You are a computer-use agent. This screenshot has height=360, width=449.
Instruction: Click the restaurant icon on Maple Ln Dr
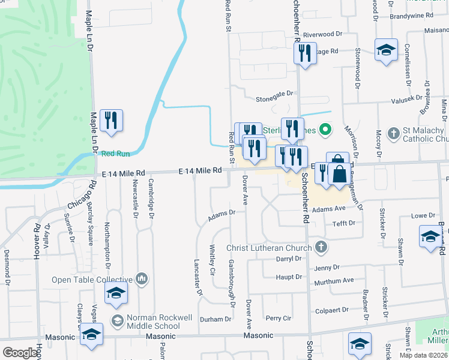pos(111,121)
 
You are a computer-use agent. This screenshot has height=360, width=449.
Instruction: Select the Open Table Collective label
pos(92,280)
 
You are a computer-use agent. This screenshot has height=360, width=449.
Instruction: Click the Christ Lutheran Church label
pos(269,248)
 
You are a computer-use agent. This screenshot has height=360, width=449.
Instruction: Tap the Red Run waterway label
pos(116,154)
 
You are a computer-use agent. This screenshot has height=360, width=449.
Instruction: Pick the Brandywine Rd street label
pos(428,15)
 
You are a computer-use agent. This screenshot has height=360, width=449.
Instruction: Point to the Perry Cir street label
pos(278,318)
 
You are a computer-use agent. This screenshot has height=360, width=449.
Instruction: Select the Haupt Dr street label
pos(289,277)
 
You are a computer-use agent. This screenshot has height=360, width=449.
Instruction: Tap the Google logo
pos(20,353)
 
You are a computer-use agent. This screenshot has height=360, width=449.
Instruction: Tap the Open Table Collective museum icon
pos(142,278)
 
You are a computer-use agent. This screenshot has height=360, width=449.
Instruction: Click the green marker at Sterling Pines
pos(325,128)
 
